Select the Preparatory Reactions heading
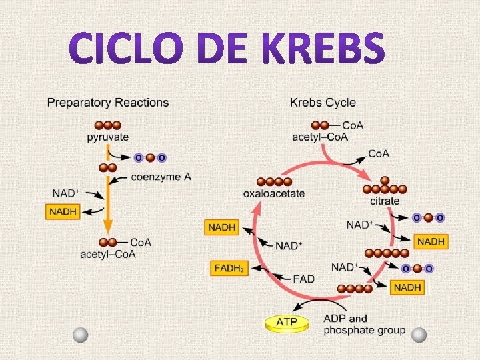coord(107,103)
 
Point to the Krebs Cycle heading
coord(323,103)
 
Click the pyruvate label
coord(107,138)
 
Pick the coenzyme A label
coord(161,177)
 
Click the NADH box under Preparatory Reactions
coord(63,212)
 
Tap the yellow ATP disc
coord(288,323)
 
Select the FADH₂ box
coord(229,268)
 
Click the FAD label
coord(303,278)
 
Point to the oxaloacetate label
coord(273,193)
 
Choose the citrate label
coord(385,201)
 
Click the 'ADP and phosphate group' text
coord(363,324)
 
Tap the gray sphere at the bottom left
coord(81,335)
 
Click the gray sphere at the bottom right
coord(419,335)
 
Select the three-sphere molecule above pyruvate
coord(107,125)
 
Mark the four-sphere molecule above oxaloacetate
coord(274,181)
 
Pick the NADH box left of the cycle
coord(222,227)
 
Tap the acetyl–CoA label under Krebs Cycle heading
coord(320,137)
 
